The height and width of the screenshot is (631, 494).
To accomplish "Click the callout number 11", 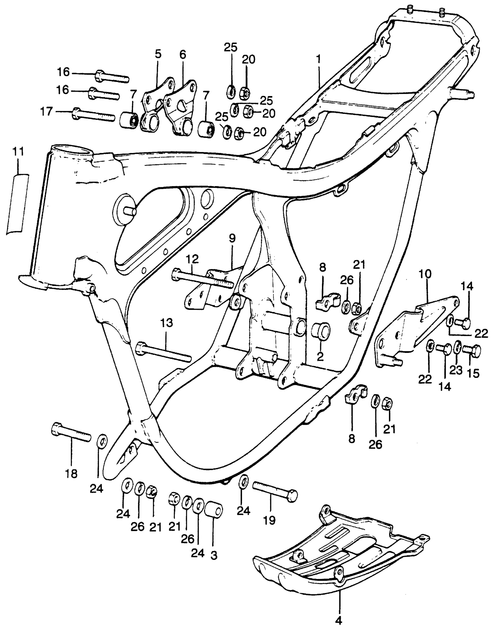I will coord(18,152).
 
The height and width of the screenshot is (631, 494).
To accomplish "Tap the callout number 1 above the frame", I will coord(319,60).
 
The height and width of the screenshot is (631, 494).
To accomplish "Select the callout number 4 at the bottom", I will coord(339,621).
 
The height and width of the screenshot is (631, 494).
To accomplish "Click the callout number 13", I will coord(167,323).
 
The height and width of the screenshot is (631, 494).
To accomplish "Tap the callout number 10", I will coord(425,274).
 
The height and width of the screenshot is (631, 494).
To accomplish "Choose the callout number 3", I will coord(214,555).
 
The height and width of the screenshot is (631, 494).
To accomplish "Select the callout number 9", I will coord(232,239).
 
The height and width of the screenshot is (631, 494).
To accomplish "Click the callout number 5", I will coord(158,54).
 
